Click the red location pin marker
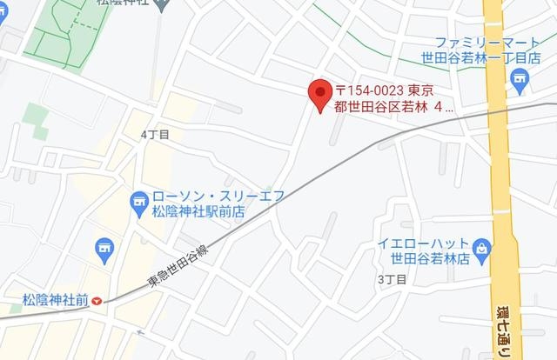[319, 91]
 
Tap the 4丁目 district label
[154, 135]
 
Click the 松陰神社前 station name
[56, 300]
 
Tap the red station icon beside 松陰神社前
[97, 301]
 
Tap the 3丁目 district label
[392, 279]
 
